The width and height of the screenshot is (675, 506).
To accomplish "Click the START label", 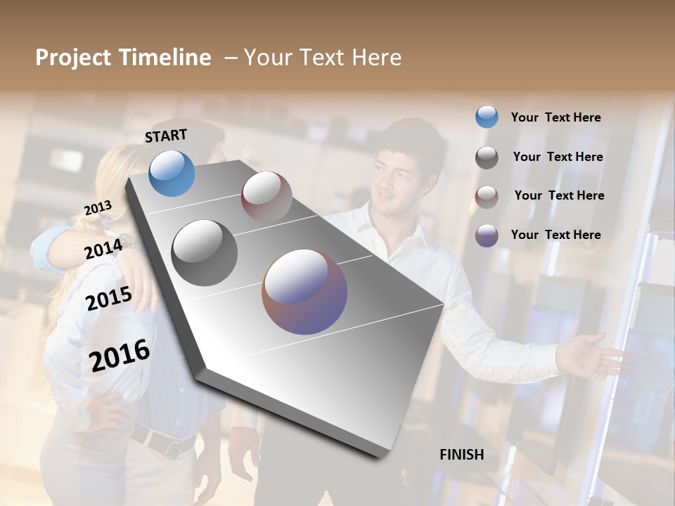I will (x=166, y=136).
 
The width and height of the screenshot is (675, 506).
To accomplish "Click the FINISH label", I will (x=461, y=455).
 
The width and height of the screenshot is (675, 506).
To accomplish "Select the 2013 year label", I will (x=98, y=208).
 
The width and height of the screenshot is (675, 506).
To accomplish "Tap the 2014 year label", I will (x=103, y=248).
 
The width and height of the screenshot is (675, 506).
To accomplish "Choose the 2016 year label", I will (x=120, y=355).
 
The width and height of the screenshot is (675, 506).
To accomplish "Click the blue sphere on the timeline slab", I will (x=172, y=173).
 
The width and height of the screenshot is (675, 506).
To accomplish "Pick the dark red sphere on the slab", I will (x=266, y=196).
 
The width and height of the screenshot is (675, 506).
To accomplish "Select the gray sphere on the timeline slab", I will (x=204, y=252).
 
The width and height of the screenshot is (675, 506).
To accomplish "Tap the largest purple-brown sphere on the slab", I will (x=304, y=292).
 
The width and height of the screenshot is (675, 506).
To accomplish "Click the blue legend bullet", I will (x=487, y=117).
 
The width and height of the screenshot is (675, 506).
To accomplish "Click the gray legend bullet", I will (x=487, y=157).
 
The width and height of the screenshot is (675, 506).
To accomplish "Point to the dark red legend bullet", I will (x=487, y=197).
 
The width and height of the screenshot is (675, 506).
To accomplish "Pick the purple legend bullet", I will (x=487, y=235).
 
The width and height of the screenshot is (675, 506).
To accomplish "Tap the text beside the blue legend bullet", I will (x=555, y=117).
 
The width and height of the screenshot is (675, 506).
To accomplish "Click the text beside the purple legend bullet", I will (x=555, y=235).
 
